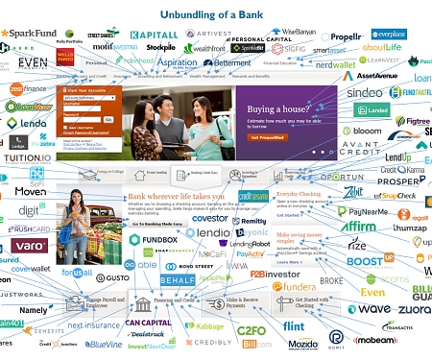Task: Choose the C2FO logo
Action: [x=251, y=330]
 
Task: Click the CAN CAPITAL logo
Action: [x=147, y=322]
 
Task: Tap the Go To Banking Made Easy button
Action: [x=157, y=224]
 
